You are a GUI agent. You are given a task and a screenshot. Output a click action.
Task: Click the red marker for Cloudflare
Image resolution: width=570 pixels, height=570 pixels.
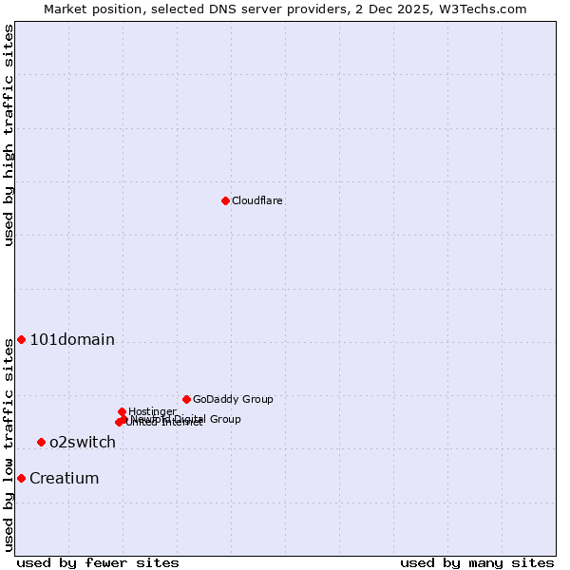(x=225, y=200)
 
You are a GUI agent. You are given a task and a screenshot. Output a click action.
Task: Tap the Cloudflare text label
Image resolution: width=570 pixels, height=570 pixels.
(x=257, y=201)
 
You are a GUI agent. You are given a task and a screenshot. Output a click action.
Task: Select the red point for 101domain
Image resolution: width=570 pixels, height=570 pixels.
(x=21, y=340)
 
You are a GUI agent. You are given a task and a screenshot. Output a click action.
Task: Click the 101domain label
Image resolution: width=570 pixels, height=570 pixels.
(x=72, y=340)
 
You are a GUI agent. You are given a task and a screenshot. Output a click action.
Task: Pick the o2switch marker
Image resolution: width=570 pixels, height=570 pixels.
(x=41, y=443)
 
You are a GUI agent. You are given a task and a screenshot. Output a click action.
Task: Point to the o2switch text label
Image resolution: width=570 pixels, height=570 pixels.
(x=83, y=443)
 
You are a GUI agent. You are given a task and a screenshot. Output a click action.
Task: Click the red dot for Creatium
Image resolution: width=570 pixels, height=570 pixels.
(x=21, y=479)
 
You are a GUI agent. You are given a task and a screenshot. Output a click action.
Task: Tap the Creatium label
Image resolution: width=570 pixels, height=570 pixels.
(x=65, y=479)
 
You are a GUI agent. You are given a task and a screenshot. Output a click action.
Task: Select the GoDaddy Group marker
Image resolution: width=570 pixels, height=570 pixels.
(x=186, y=400)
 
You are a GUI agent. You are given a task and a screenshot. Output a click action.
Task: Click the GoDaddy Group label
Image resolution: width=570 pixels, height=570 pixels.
(x=233, y=400)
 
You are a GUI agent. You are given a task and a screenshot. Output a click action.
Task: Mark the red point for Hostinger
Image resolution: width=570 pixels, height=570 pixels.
(x=122, y=412)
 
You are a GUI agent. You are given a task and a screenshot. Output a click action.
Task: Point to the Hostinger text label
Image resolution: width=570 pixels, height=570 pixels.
(x=153, y=411)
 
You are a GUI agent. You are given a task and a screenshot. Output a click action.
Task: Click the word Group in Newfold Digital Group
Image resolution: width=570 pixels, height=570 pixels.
(x=225, y=419)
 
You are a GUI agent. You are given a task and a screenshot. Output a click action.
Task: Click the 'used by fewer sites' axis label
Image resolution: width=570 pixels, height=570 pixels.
(x=98, y=563)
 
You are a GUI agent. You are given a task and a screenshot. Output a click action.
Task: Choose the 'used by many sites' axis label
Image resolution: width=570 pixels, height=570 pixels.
(x=477, y=563)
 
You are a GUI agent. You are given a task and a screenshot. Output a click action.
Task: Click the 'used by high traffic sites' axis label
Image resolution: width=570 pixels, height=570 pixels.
(x=9, y=135)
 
